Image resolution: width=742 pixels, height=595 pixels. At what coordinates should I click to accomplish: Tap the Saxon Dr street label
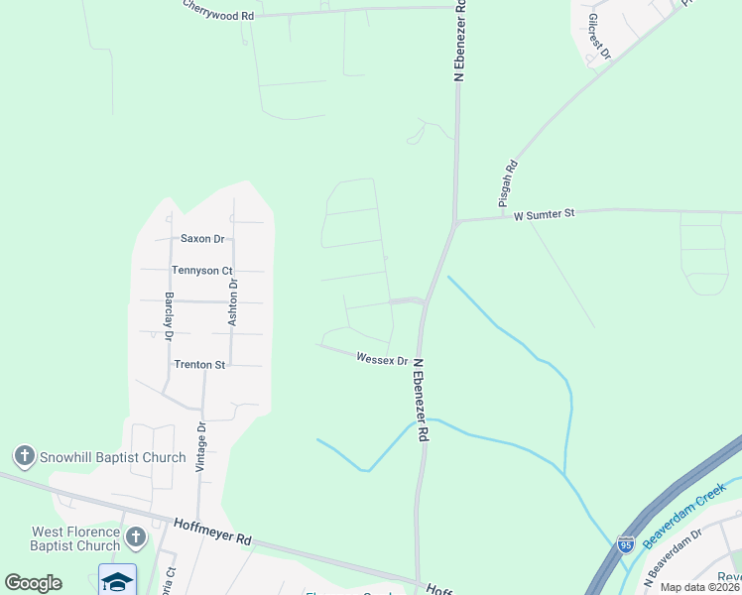(x=202, y=239)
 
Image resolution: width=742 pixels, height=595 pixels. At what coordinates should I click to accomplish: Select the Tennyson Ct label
(x=201, y=270)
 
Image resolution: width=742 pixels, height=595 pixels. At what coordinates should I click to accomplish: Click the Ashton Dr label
(x=233, y=302)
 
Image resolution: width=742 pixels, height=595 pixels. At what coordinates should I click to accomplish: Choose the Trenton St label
(x=200, y=364)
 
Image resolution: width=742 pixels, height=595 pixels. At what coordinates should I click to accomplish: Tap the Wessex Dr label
(x=382, y=359)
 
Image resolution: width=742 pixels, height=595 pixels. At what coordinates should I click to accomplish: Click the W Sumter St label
(x=544, y=213)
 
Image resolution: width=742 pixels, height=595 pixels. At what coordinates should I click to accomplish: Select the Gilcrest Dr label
(x=598, y=37)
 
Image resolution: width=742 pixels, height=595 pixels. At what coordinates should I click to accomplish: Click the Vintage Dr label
(x=201, y=447)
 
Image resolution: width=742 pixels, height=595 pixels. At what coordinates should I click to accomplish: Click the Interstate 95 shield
(x=625, y=544)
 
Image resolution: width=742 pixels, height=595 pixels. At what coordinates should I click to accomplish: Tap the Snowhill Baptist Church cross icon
(x=24, y=457)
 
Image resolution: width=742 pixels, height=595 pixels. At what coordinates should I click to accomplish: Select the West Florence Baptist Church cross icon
(x=136, y=538)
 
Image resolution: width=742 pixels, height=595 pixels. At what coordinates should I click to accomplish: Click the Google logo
(x=33, y=583)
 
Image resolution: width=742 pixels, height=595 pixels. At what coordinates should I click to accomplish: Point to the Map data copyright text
(x=700, y=587)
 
